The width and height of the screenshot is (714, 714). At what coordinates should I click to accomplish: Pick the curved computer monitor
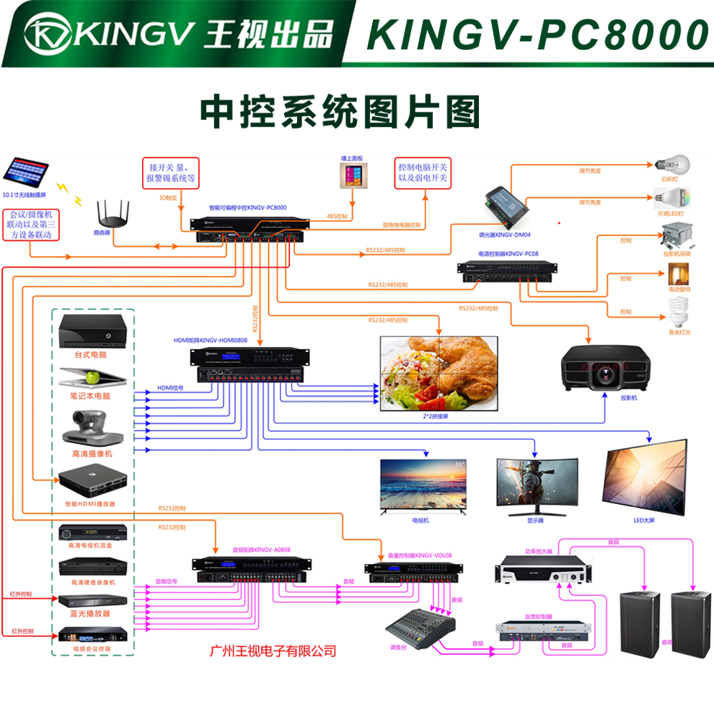click(x=536, y=484)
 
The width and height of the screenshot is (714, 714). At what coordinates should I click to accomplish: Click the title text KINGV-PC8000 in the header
click(x=537, y=34)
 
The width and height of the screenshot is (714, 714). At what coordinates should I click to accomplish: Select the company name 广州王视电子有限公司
click(x=273, y=651)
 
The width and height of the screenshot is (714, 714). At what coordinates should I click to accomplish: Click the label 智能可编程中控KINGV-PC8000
click(x=248, y=208)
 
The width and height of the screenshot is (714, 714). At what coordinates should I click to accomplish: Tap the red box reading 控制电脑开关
click(x=423, y=172)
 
